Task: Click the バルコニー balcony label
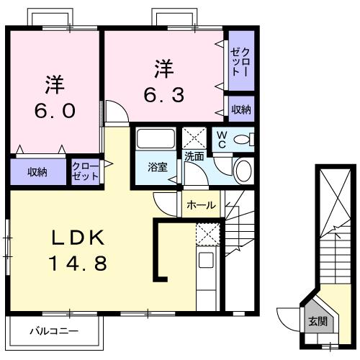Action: [x=54, y=332]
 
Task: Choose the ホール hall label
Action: [x=201, y=205]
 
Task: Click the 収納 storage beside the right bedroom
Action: [x=241, y=109]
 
